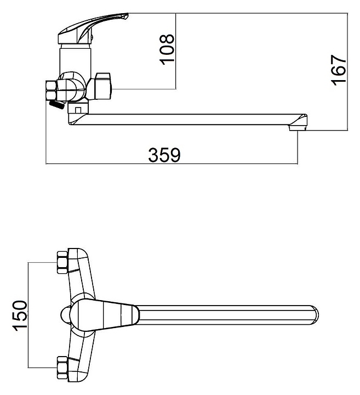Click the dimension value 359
click(164, 155)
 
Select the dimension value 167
click(339, 69)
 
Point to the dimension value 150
click(19, 315)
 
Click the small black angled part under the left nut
click(55, 104)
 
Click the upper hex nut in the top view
click(62, 262)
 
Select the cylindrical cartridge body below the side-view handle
click(75, 58)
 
